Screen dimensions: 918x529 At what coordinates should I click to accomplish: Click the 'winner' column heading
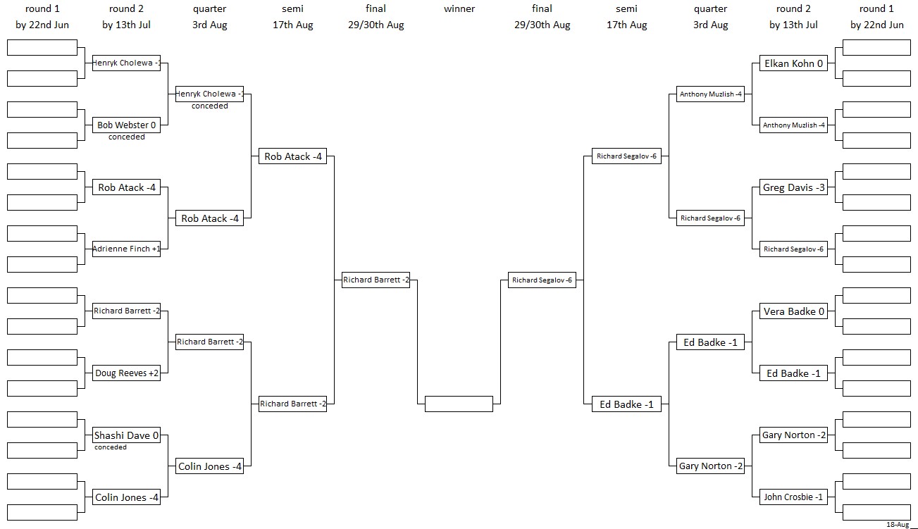point(459,8)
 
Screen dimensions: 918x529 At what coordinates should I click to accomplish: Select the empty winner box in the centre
point(459,404)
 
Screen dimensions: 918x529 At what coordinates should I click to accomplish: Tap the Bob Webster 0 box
point(126,125)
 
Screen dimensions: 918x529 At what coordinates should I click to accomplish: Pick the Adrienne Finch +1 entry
point(126,249)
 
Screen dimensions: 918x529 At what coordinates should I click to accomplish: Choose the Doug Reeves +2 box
point(126,373)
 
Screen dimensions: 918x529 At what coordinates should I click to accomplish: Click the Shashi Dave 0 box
point(126,435)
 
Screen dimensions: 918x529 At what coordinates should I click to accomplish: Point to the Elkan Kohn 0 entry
point(793,63)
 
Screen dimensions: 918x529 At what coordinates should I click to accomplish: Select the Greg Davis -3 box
point(793,187)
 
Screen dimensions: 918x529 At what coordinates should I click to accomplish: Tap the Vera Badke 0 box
point(793,311)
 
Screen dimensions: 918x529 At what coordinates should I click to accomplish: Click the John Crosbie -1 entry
point(793,497)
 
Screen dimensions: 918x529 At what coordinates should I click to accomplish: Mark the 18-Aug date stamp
point(898,525)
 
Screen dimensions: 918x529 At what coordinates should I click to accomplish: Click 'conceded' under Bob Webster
point(127,137)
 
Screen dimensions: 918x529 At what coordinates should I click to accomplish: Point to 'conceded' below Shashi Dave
point(110,447)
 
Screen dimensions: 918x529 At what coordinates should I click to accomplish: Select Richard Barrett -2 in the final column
point(376,280)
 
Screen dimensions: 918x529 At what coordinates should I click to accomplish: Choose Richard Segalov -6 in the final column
point(542,280)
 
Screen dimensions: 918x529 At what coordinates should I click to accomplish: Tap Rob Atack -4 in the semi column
point(292,156)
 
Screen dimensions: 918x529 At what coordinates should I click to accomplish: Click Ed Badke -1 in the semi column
point(626,404)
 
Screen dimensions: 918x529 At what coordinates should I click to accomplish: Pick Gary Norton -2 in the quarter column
point(711,466)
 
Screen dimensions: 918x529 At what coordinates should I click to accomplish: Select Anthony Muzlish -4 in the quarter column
point(711,94)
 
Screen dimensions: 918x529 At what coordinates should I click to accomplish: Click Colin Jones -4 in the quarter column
point(209,466)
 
